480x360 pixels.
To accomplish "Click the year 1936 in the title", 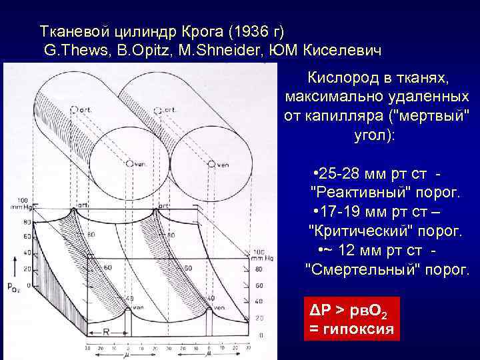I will coord(250,31).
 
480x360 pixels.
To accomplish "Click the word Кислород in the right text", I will coord(339,79).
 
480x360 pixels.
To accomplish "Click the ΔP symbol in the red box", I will coord(319,311).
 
